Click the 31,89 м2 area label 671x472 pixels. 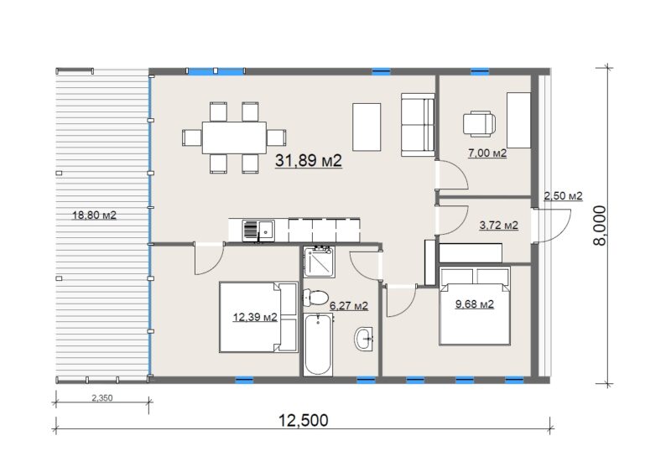point(309,160)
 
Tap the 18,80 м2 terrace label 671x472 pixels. point(94,215)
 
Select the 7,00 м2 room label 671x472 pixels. point(487,153)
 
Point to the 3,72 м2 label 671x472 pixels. point(499,225)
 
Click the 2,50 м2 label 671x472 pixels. point(563,196)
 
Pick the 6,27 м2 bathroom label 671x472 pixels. point(349,305)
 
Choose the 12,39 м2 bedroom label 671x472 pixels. point(255,317)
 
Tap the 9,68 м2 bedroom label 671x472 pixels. point(475,304)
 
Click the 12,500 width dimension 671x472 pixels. point(304,420)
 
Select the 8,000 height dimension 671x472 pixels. point(600,226)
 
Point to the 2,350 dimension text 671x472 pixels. point(102,398)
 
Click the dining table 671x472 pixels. point(234,137)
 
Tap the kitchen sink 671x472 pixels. point(258,231)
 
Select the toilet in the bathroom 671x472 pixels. point(315,297)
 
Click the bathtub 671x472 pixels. point(318,344)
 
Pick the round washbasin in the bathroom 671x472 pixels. point(363,339)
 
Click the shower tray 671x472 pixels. point(319,262)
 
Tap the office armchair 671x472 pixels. point(479,124)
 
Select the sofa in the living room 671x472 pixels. point(418,125)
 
